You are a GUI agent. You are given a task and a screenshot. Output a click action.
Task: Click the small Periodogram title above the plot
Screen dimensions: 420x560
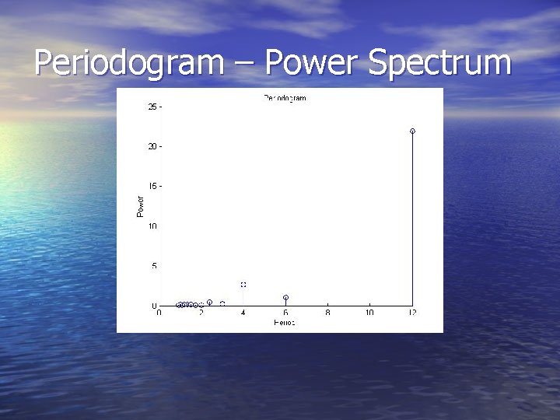tap(285, 98)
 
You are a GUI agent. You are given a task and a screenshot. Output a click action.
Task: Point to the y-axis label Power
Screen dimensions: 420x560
tap(141, 205)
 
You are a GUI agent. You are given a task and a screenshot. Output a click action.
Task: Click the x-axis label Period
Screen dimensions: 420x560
tap(285, 321)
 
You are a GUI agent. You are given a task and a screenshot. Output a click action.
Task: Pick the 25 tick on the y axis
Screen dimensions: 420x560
tap(153, 106)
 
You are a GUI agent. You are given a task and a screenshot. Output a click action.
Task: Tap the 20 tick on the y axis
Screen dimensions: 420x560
tap(153, 146)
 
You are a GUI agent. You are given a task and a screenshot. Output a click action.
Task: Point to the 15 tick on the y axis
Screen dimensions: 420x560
tap(153, 186)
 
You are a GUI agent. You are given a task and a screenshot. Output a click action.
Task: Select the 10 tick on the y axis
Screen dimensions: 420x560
tap(153, 226)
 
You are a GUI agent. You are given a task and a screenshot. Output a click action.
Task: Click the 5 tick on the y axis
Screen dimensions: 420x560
tap(155, 266)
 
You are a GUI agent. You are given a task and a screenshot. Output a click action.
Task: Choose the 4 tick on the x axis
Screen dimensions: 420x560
tap(243, 313)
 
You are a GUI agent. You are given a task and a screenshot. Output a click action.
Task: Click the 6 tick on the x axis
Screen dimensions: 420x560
tap(285, 313)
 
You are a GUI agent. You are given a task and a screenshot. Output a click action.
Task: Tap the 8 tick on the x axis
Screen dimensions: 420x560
tap(327, 313)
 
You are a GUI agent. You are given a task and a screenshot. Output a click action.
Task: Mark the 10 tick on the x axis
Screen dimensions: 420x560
tap(369, 313)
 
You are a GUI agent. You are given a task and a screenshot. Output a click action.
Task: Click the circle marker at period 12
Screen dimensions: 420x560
tap(412, 131)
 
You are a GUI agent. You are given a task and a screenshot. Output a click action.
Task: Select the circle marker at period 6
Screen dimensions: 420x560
tap(285, 297)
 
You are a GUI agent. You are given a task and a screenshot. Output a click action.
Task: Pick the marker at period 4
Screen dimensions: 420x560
tap(243, 285)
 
